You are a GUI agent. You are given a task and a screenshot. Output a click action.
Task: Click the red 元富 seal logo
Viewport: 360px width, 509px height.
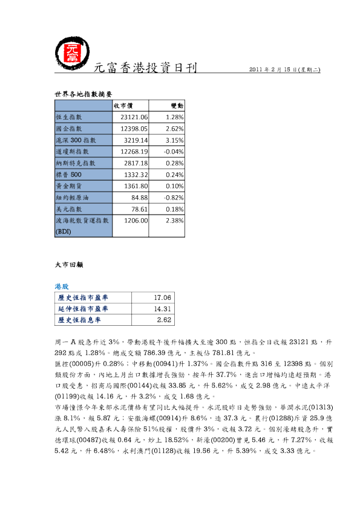click(x=72, y=53)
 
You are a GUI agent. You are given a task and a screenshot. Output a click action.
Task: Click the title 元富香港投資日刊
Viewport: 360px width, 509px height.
click(x=145, y=68)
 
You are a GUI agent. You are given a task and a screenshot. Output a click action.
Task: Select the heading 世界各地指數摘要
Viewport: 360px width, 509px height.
click(x=83, y=94)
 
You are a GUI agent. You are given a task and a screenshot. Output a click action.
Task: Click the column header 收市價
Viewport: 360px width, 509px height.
click(x=123, y=106)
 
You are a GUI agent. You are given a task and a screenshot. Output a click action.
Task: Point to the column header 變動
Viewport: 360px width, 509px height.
click(x=177, y=106)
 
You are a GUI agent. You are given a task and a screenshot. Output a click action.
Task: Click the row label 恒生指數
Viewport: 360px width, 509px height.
click(x=68, y=117)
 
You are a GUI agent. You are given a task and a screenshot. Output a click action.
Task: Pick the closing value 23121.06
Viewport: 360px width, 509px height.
click(x=134, y=117)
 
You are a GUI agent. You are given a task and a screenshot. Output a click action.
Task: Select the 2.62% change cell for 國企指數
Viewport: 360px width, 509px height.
click(x=174, y=129)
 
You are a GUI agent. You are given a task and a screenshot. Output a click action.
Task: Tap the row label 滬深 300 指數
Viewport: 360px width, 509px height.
click(x=76, y=140)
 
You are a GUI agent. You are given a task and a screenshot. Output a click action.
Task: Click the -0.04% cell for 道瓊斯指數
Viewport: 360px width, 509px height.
click(x=174, y=152)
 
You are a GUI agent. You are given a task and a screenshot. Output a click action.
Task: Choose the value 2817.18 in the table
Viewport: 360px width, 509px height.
click(x=136, y=163)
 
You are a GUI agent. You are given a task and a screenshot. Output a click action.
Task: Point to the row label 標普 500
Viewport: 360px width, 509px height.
click(x=68, y=175)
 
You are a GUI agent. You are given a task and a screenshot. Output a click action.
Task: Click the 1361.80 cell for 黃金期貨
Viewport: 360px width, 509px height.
click(x=136, y=186)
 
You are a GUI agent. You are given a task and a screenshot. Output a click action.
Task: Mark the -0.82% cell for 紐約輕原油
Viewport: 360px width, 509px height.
click(x=174, y=198)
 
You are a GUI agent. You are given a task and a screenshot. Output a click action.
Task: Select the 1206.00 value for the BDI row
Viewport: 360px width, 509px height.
click(x=136, y=221)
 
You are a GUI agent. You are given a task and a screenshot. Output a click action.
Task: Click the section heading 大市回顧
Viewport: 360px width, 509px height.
click(x=69, y=265)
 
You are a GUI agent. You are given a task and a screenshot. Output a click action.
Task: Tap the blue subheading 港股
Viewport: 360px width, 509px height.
click(x=62, y=287)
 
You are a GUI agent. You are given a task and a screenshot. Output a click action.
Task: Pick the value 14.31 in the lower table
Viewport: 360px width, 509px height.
click(x=163, y=309)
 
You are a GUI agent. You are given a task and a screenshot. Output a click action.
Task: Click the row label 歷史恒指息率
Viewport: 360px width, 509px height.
click(x=79, y=320)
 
